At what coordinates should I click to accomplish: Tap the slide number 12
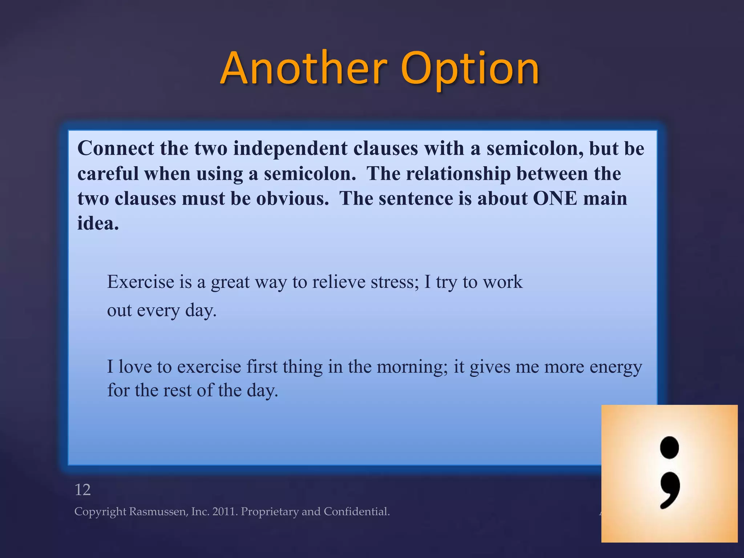82,490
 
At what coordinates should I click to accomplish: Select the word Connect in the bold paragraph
116,149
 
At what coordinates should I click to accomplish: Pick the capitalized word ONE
555,199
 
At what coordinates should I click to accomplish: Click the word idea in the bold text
98,223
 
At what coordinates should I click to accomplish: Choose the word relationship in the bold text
458,174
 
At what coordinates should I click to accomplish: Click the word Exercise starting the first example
141,282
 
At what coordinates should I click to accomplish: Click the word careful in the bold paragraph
108,174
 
